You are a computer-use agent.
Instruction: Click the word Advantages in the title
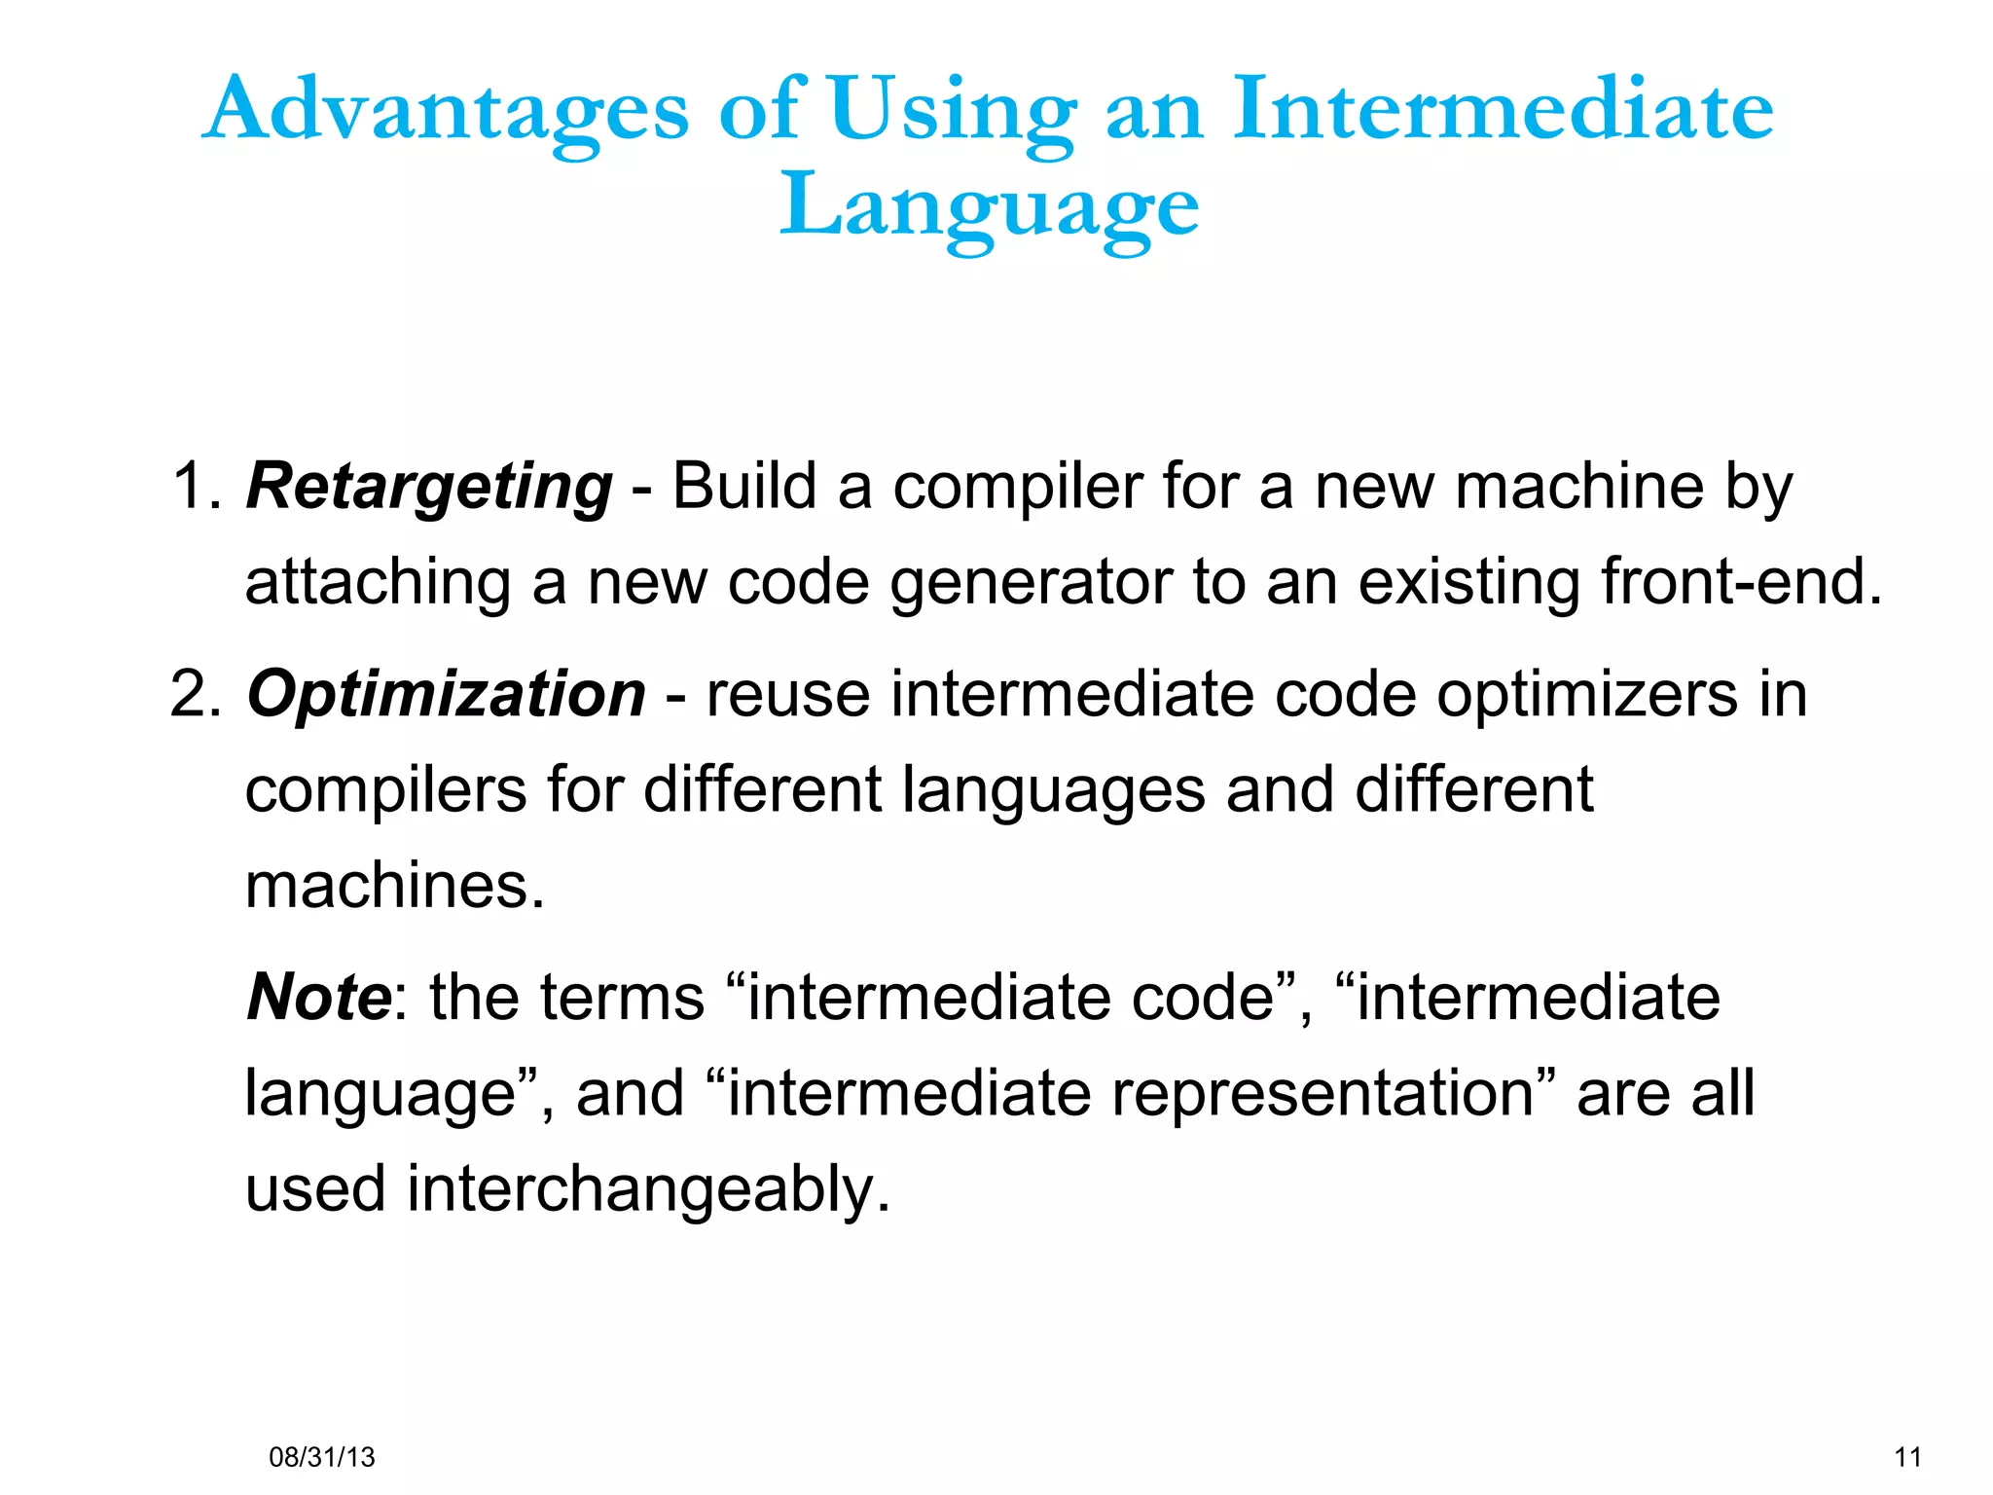[448, 109]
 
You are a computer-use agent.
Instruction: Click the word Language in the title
[990, 206]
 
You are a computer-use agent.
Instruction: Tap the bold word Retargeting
[429, 487]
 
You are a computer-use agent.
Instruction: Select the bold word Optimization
[447, 694]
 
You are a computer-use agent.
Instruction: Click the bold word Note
[319, 998]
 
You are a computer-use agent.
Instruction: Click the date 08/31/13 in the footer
[321, 1457]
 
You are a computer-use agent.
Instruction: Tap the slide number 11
[1908, 1457]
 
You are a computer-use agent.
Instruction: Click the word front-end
[1742, 582]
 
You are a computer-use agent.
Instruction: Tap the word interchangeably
[648, 1190]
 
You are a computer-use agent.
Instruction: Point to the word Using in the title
[952, 109]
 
